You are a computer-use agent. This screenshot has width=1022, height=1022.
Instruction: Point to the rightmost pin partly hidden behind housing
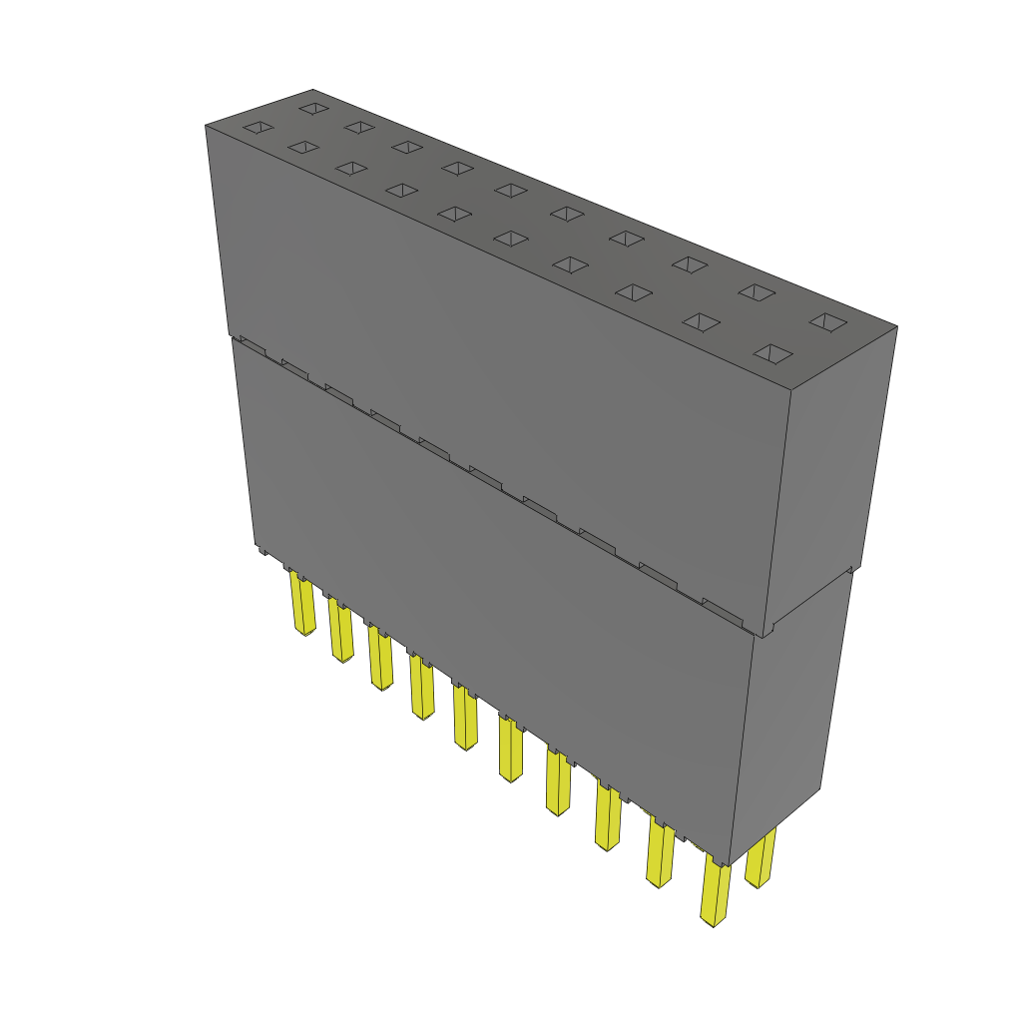761,858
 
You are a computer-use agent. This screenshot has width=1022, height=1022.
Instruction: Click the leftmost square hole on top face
257,127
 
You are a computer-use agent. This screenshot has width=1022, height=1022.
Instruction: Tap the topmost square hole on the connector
313,107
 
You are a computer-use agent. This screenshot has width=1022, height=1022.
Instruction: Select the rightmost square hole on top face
826,321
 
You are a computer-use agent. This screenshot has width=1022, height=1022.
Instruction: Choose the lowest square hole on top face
773,353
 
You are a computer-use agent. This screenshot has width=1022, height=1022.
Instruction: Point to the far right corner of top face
895,326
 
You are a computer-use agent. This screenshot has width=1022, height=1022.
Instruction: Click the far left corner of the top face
208,126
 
